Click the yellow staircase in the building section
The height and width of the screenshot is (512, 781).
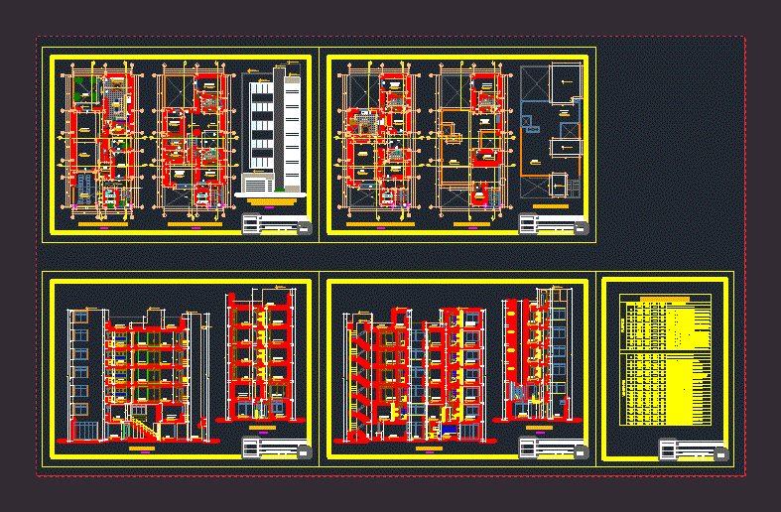[x=143, y=429]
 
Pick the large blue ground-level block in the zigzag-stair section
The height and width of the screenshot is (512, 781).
[x=448, y=429]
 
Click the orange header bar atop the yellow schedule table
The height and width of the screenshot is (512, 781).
[x=665, y=299]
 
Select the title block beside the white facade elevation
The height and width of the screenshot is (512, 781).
[x=277, y=224]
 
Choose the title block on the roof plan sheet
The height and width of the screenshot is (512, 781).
[x=555, y=224]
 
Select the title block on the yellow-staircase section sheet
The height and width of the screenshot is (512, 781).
[x=277, y=448]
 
